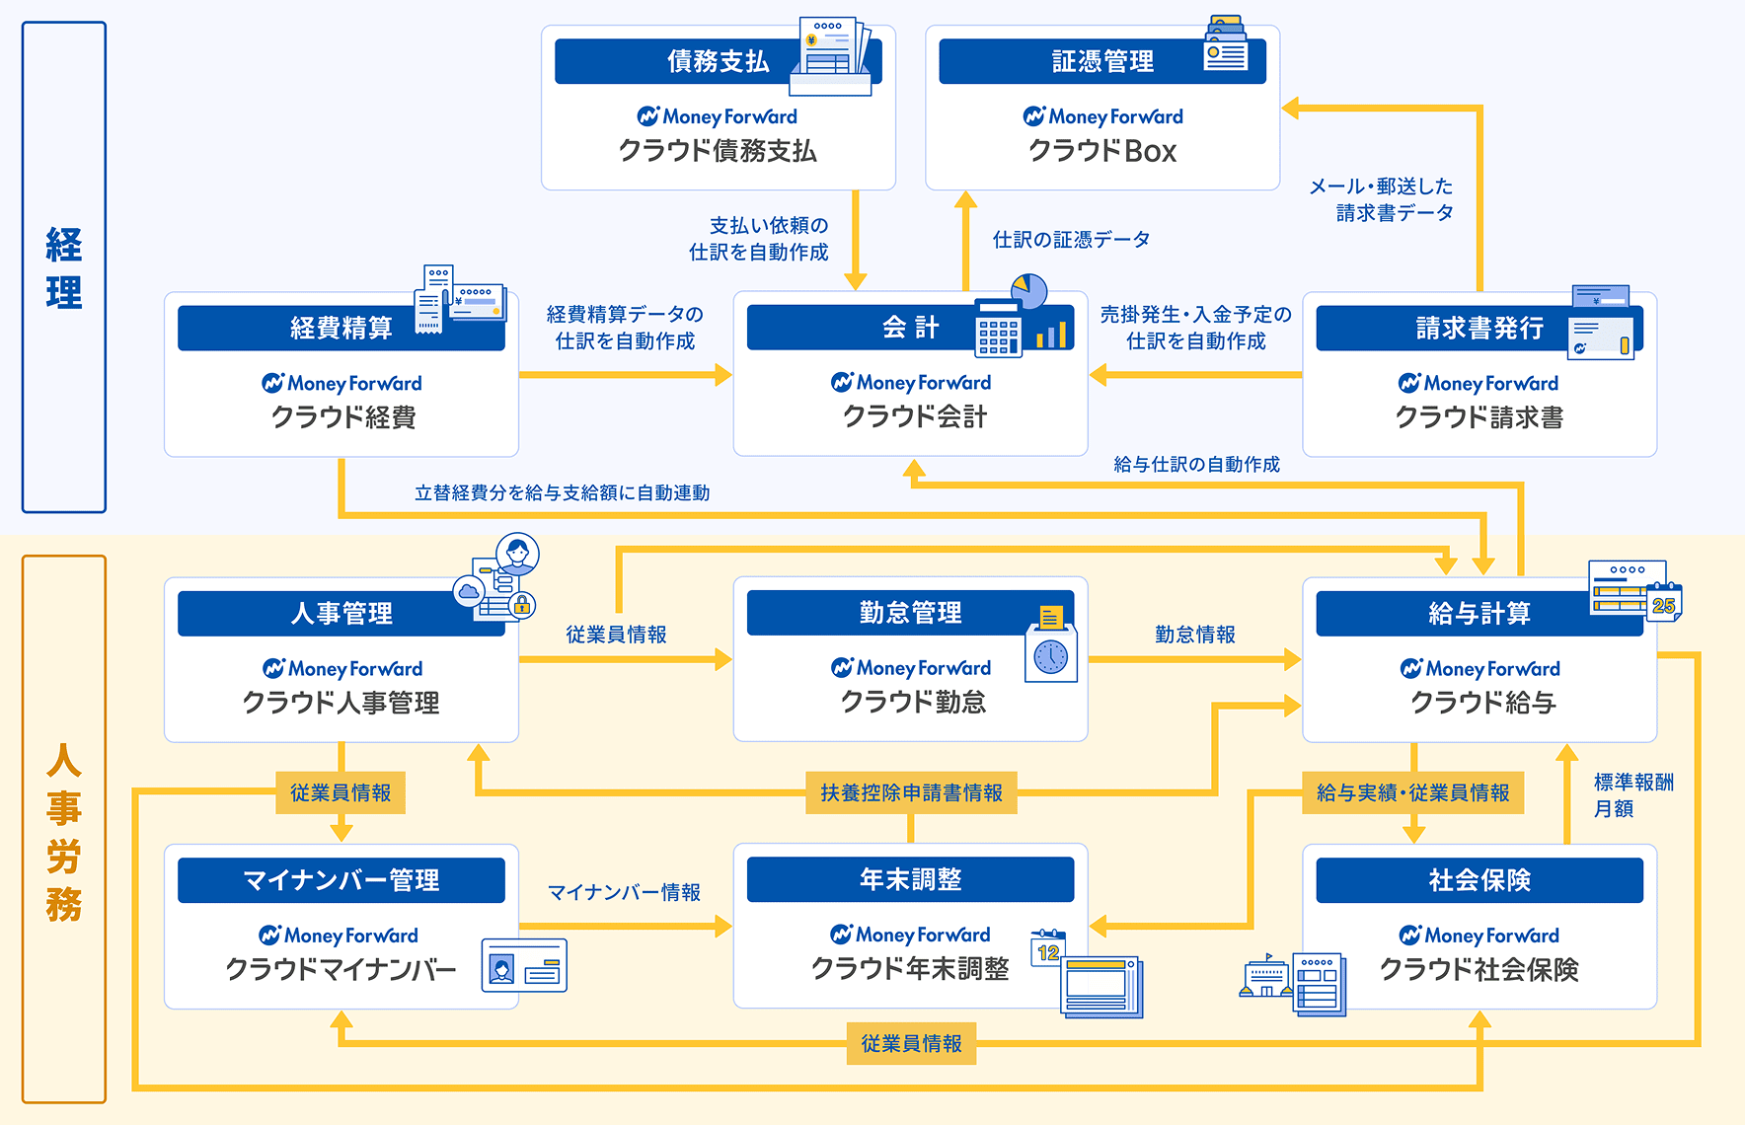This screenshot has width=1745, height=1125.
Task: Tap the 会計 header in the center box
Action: (x=909, y=328)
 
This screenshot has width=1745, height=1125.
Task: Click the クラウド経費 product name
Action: (x=342, y=417)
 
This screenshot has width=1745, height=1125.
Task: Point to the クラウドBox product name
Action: (x=1102, y=151)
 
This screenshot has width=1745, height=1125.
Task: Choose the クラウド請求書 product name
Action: (x=1479, y=417)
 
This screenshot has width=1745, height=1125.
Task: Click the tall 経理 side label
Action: (x=64, y=267)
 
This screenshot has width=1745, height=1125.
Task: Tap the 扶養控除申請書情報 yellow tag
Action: (x=911, y=792)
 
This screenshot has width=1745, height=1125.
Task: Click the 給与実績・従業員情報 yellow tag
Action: (x=1412, y=792)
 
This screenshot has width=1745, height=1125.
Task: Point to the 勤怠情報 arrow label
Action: (x=1194, y=635)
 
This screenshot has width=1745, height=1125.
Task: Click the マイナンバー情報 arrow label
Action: (x=624, y=892)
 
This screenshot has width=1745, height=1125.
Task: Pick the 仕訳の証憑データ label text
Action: (x=1071, y=240)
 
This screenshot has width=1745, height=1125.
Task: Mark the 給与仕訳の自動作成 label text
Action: (x=1196, y=464)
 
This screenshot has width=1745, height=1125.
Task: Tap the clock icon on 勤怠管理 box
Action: (x=1050, y=656)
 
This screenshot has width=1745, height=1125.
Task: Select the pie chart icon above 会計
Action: (x=1028, y=291)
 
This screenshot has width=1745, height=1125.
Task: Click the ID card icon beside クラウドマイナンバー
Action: (x=523, y=965)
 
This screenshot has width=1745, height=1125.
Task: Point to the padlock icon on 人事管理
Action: (x=522, y=605)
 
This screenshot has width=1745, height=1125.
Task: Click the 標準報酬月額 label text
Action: (x=1632, y=795)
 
